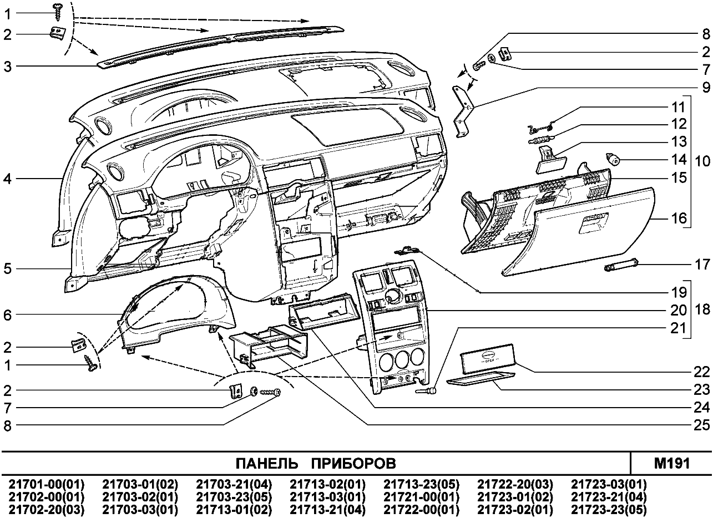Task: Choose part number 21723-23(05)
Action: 609,507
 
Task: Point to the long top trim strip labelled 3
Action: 222,44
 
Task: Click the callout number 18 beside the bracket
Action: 703,309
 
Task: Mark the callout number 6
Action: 7,314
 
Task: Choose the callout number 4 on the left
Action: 7,179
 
